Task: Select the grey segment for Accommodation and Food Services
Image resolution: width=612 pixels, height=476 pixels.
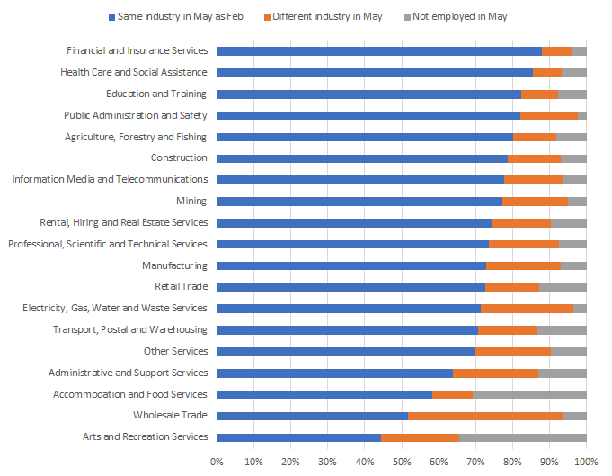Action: point(529,394)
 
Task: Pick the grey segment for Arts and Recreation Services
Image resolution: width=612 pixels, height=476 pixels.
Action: point(522,437)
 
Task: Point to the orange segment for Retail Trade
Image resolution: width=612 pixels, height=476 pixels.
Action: point(512,287)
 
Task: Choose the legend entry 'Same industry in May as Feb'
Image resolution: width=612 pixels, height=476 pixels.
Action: point(180,16)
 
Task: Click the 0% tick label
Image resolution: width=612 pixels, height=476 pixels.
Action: point(217,461)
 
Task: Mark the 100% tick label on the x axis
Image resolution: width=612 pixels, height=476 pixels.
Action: point(585,461)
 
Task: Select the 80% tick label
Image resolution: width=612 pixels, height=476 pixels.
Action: point(511,461)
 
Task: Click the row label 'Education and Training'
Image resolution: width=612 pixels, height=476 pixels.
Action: point(156,94)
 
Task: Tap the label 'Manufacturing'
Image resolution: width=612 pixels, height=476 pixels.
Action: point(174,265)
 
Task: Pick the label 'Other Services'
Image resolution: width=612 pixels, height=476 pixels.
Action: point(175,351)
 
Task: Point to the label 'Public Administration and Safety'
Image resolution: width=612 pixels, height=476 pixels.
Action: point(136,115)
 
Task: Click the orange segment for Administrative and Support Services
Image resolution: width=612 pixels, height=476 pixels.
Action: point(495,373)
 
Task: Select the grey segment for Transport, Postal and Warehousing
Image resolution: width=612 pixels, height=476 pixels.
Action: point(562,330)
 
